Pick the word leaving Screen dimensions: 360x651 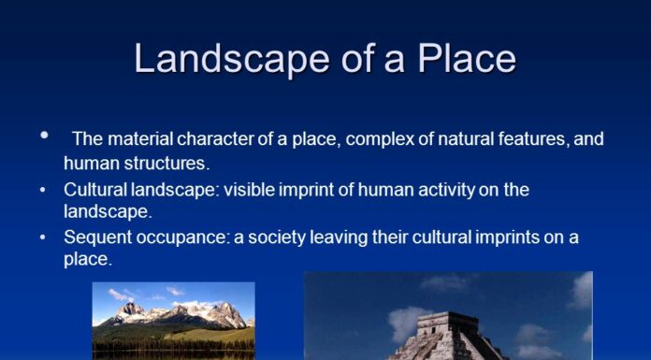[x=334, y=238]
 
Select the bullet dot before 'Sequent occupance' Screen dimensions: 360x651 [x=43, y=238]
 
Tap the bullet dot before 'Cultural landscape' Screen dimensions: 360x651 [x=43, y=190]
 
